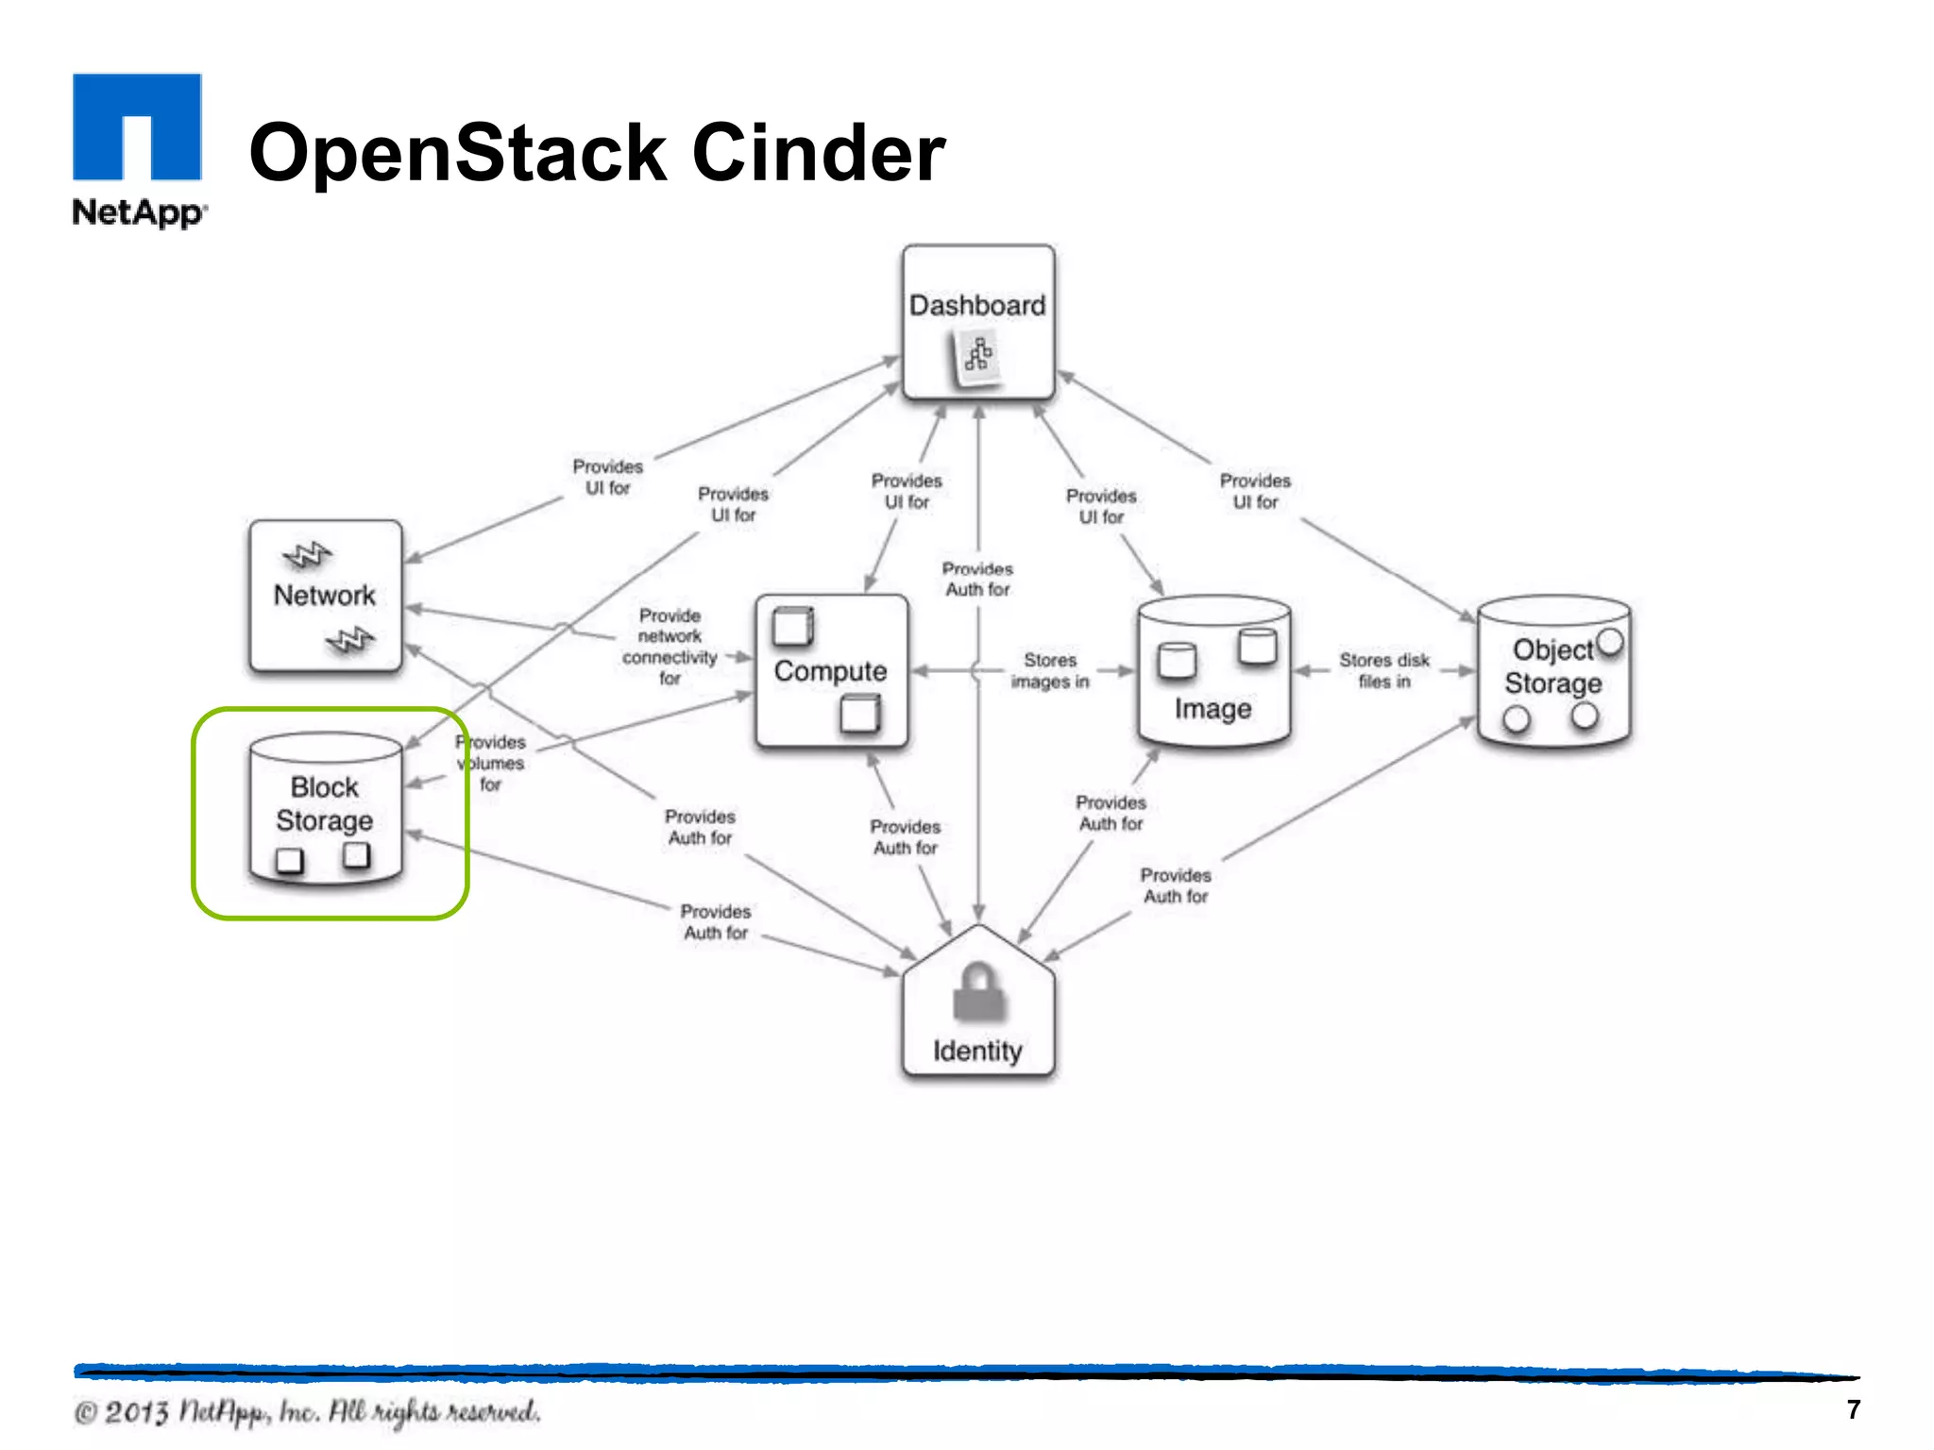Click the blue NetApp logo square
pyautogui.click(x=137, y=126)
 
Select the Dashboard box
pyautogui.click(x=977, y=321)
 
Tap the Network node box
pyautogui.click(x=325, y=596)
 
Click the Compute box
pyautogui.click(x=831, y=671)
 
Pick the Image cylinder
pyautogui.click(x=1213, y=672)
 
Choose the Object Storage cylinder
pyautogui.click(x=1553, y=672)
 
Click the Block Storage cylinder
pyautogui.click(x=325, y=808)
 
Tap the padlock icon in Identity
pyautogui.click(x=978, y=993)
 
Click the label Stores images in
pyautogui.click(x=1050, y=671)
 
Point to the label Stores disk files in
pyautogui.click(x=1383, y=671)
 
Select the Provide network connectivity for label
pyautogui.click(x=670, y=647)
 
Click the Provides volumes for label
pyautogui.click(x=491, y=763)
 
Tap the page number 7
pyautogui.click(x=1853, y=1409)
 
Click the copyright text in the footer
pyautogui.click(x=307, y=1412)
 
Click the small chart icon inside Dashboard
pyautogui.click(x=977, y=357)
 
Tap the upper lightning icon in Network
pyautogui.click(x=307, y=555)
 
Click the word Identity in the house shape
pyautogui.click(x=977, y=1051)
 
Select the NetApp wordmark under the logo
pyautogui.click(x=138, y=211)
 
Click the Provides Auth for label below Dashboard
pyautogui.click(x=977, y=579)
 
